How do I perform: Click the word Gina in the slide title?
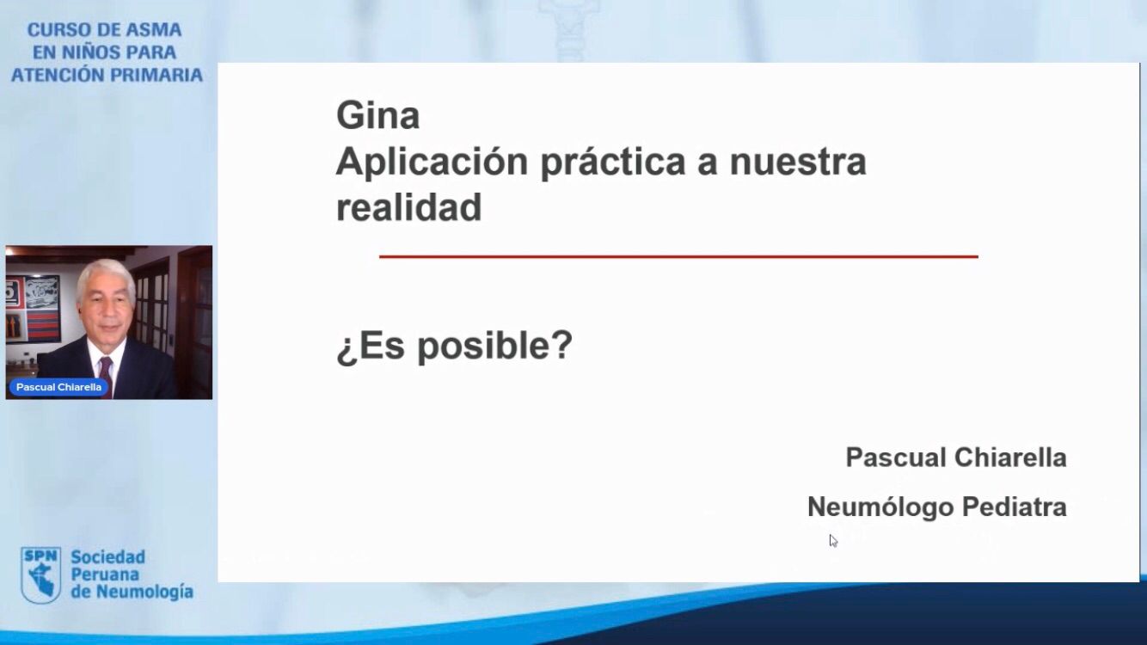click(378, 114)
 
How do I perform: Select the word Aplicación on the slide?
click(432, 162)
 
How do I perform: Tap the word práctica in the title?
click(613, 162)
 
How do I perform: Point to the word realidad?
click(408, 207)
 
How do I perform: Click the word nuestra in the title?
click(798, 162)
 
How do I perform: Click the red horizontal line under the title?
click(678, 256)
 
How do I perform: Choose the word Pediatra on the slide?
click(1015, 507)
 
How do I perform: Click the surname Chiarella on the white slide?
click(1010, 457)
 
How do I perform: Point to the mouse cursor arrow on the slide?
click(833, 541)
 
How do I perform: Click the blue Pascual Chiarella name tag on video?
click(58, 387)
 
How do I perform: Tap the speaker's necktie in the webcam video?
click(106, 376)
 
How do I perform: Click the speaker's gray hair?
click(106, 277)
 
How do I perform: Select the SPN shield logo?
click(41, 574)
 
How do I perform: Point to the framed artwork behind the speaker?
click(33, 309)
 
